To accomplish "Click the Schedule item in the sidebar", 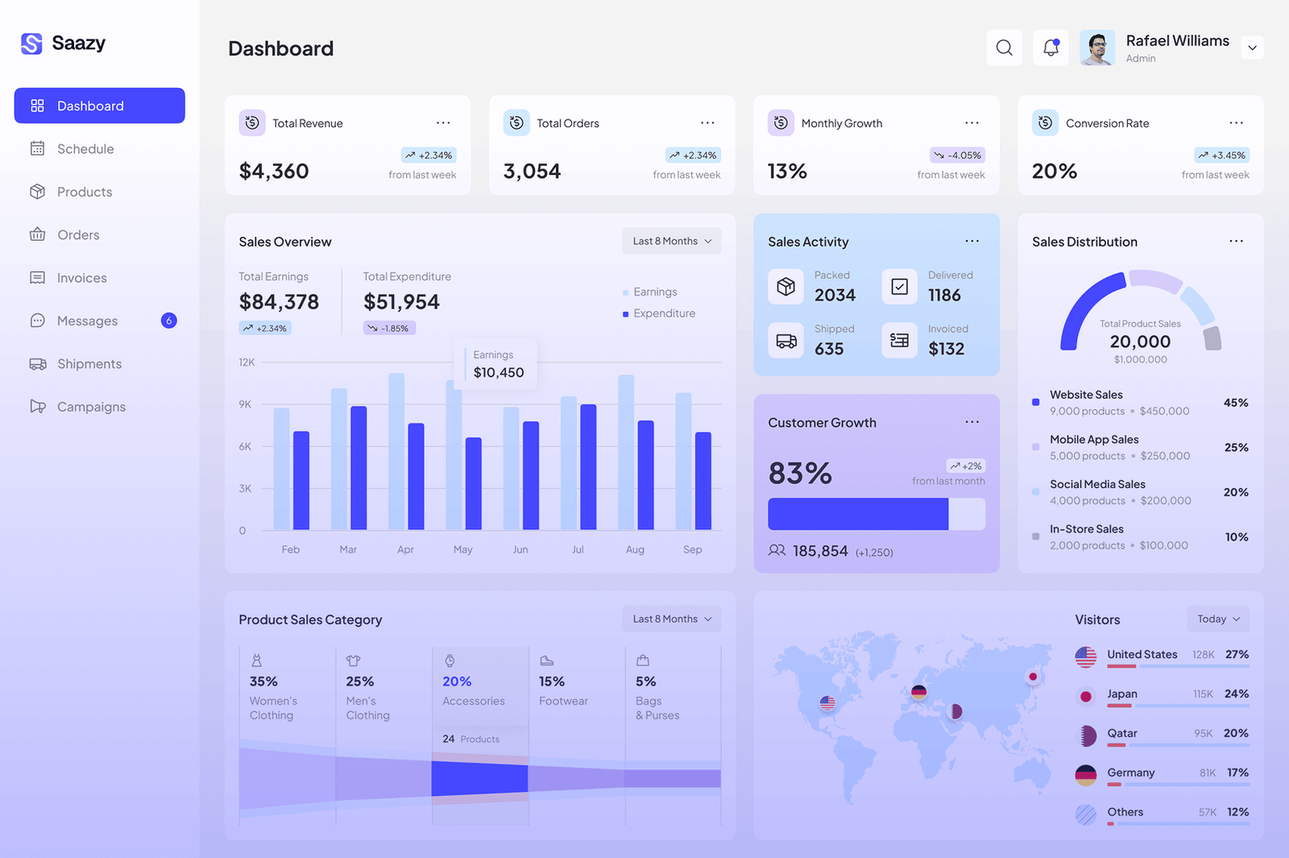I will click(x=85, y=149).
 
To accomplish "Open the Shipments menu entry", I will click(x=89, y=364).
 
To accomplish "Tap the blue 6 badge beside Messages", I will click(x=169, y=321).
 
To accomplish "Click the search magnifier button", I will click(x=1004, y=48).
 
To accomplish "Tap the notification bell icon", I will click(x=1051, y=48).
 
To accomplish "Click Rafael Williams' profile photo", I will click(x=1097, y=48).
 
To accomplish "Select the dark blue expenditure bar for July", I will click(x=588, y=466).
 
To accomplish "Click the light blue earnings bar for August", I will click(x=626, y=452).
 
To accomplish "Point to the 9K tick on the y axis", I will click(x=245, y=404).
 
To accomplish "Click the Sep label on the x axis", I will click(x=692, y=549).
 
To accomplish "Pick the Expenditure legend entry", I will click(x=663, y=313).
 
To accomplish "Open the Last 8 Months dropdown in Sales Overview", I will click(x=671, y=241).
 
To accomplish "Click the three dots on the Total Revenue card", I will click(x=443, y=123).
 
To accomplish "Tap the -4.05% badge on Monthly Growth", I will click(x=957, y=155).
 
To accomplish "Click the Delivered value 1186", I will click(x=944, y=296).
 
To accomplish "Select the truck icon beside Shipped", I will click(x=785, y=341).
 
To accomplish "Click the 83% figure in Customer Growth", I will click(x=799, y=473).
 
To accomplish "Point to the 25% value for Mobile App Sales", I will click(x=1236, y=448).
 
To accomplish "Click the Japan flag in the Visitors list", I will click(x=1086, y=697).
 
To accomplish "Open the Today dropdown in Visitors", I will click(x=1217, y=619).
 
